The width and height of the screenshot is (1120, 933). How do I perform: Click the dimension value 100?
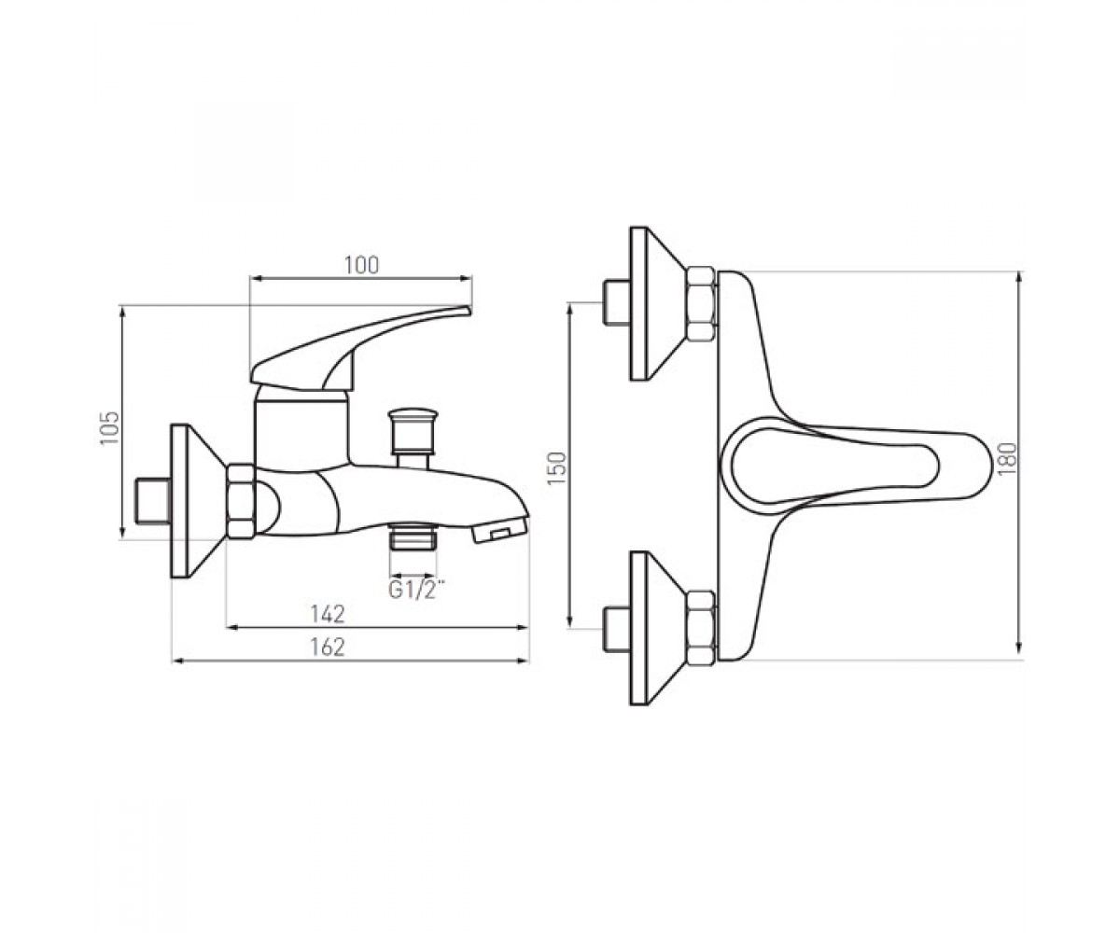point(361,265)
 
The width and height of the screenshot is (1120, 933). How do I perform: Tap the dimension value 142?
point(328,614)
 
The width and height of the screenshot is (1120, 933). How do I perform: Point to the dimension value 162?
point(328,648)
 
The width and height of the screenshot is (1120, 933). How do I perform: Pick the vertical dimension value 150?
point(557,468)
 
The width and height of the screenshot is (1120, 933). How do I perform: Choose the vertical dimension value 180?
point(1007,458)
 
